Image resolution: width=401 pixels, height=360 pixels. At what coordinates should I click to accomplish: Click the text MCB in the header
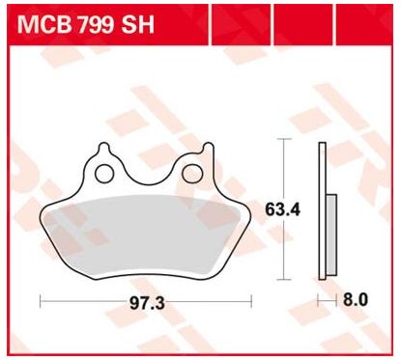pos(43,24)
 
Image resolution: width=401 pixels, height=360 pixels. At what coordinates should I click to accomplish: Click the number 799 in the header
pos(96,24)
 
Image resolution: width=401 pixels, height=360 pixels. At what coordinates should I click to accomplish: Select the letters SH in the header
pos(137,24)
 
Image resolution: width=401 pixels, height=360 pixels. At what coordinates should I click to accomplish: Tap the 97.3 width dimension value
pos(147,303)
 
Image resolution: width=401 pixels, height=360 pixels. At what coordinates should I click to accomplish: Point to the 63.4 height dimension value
pos(282,209)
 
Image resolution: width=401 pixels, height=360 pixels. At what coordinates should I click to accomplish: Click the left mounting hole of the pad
pos(104,174)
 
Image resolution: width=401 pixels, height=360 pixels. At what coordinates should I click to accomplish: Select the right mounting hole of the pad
pos(191,174)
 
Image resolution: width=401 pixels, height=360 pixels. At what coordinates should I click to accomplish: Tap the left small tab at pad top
pos(104,148)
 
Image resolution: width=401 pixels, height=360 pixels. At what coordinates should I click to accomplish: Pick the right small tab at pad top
pos(208,149)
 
